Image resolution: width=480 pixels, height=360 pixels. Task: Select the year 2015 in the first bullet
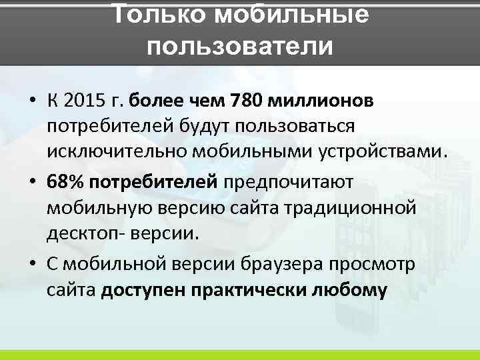(x=87, y=101)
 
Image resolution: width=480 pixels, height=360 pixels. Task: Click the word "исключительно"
(x=118, y=151)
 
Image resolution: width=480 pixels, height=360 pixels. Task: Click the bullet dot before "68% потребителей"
(x=33, y=183)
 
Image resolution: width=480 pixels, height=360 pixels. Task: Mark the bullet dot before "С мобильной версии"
(x=33, y=265)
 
